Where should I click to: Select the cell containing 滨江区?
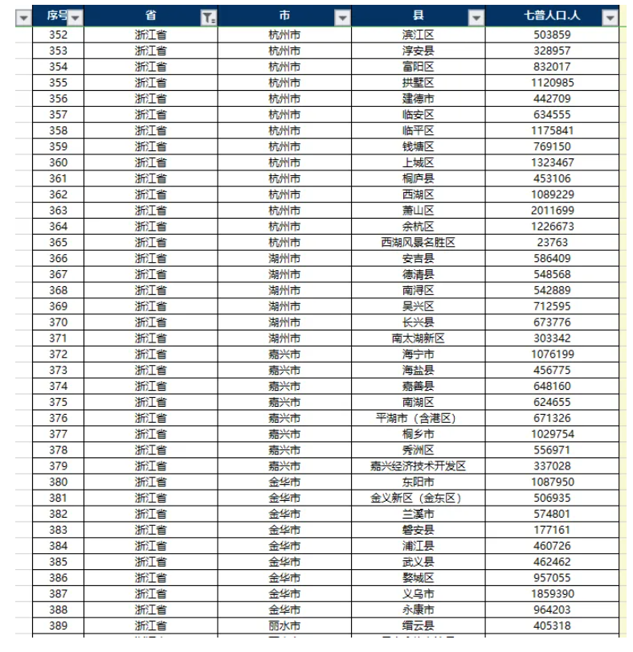pos(418,35)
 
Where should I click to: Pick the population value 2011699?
pos(553,211)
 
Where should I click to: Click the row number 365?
pos(58,242)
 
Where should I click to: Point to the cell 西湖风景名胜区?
pos(418,242)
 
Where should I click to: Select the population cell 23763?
pos(553,242)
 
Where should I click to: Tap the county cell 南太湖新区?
pos(418,338)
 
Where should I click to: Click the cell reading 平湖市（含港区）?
pos(418,418)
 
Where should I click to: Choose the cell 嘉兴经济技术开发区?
pos(418,466)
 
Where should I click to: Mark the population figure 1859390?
pos(553,594)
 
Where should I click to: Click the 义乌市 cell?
pos(418,594)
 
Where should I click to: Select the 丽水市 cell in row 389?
pos(284,625)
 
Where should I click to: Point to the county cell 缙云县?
pos(418,625)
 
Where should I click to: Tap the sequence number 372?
pos(58,355)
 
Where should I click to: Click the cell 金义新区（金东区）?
pos(418,498)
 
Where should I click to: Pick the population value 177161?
pos(553,530)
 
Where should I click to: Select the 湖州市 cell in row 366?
pos(284,258)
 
